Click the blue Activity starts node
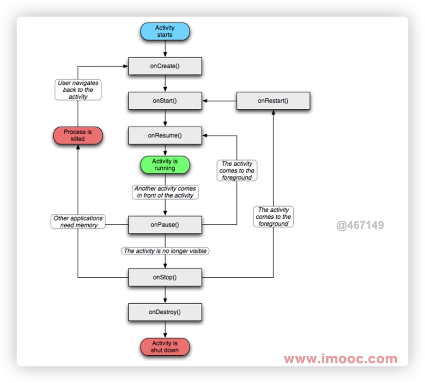pyautogui.click(x=165, y=31)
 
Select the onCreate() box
pyautogui.click(x=165, y=66)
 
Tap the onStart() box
pyautogui.click(x=165, y=101)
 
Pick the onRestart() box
pyautogui.click(x=273, y=101)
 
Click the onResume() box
pyautogui.click(x=165, y=135)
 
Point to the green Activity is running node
pyautogui.click(x=165, y=165)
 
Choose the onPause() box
pyautogui.click(x=165, y=225)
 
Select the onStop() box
pyautogui.click(x=165, y=277)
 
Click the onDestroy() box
pyautogui.click(x=165, y=312)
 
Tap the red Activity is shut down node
pyautogui.click(x=165, y=347)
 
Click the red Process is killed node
pyautogui.click(x=78, y=135)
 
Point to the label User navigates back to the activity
pyautogui.click(x=78, y=90)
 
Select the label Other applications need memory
pyautogui.click(x=78, y=221)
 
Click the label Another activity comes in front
pyautogui.click(x=165, y=192)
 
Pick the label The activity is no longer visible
pyautogui.click(x=165, y=251)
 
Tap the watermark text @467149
pyautogui.click(x=360, y=226)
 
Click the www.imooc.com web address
pyautogui.click(x=340, y=359)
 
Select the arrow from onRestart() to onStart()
pyautogui.click(x=219, y=101)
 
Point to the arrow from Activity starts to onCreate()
pyautogui.click(x=165, y=48)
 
